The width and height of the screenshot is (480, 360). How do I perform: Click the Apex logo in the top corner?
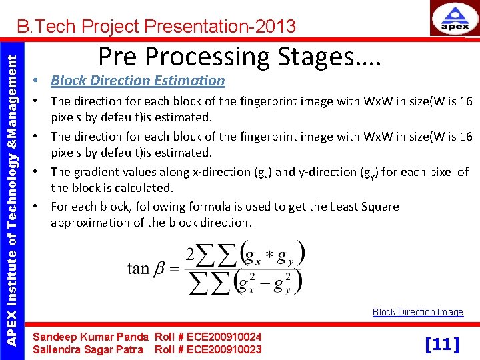tap(455, 19)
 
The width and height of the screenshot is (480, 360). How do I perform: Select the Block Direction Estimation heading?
tap(137, 81)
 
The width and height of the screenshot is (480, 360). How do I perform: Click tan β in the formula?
tap(147, 269)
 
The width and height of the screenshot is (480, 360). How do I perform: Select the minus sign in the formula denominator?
tap(267, 282)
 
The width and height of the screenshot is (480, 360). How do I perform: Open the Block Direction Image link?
tap(417, 312)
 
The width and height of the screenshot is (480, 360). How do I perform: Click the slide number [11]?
tap(442, 344)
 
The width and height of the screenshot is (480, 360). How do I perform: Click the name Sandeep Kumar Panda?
tap(91, 337)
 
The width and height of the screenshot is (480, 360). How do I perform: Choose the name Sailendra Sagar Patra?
tap(91, 349)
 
